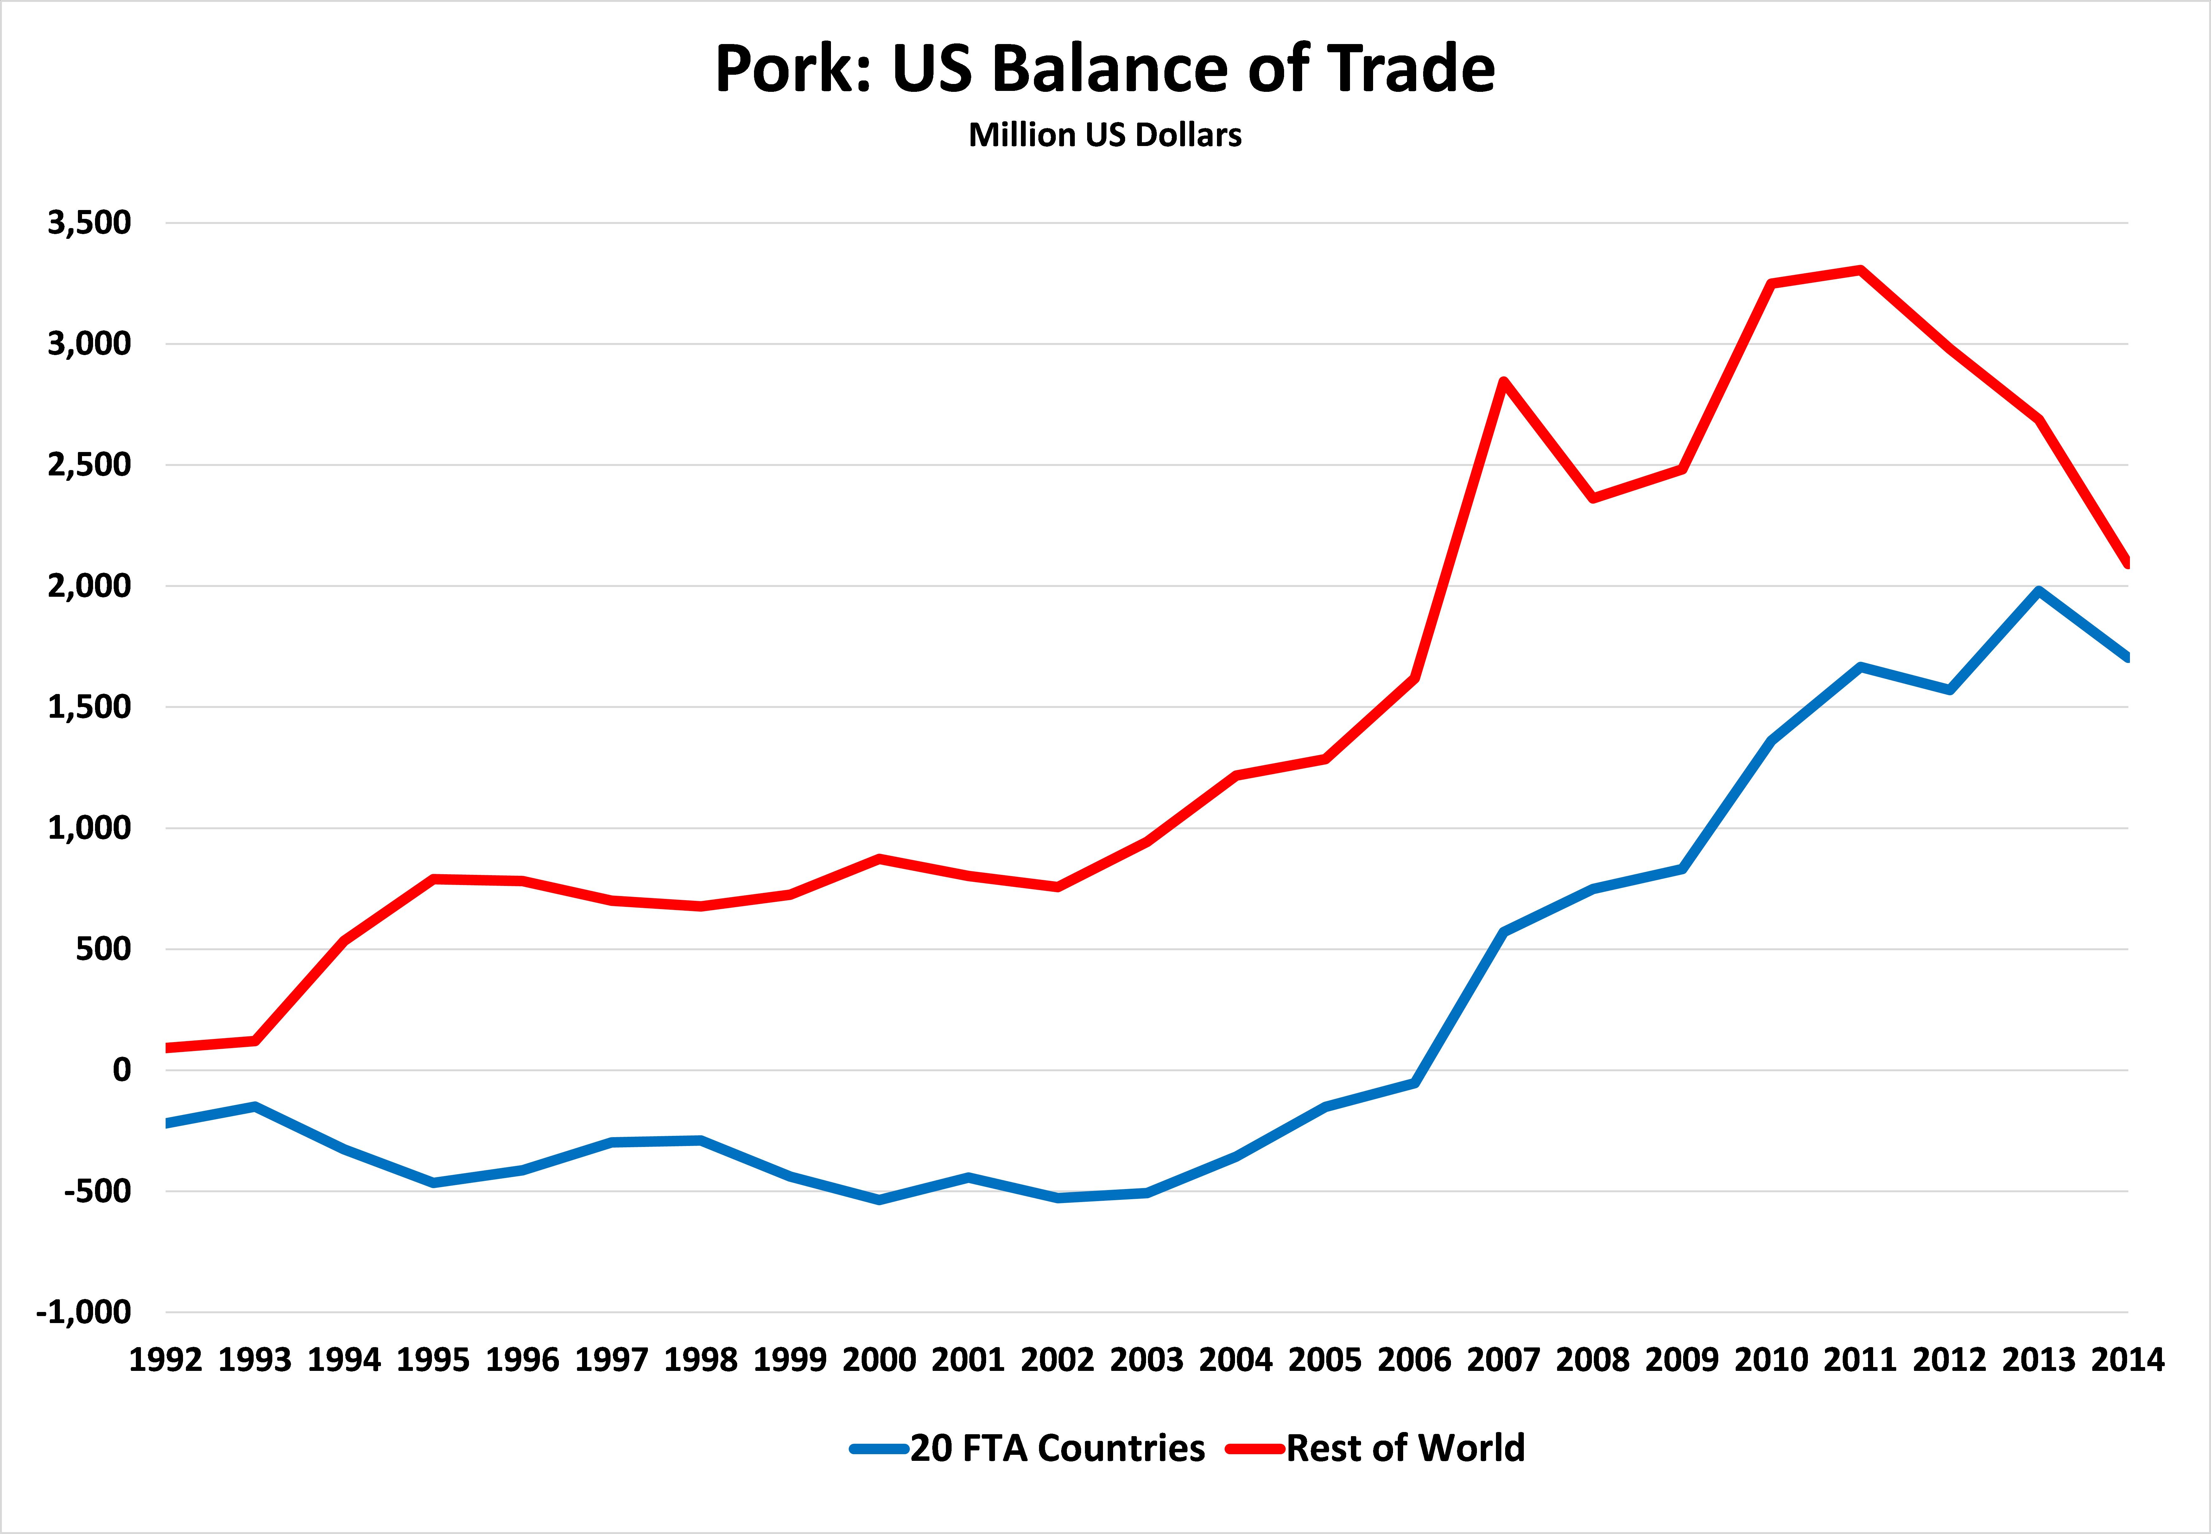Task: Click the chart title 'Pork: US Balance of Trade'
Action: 1105,69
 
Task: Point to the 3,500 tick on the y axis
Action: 89,223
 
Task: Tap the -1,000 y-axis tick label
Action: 84,1312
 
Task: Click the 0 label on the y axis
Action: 121,1070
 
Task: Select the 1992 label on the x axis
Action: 166,1360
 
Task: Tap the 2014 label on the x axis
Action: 2127,1360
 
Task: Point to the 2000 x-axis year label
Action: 879,1360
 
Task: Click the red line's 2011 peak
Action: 1860,270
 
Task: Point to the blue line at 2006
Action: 1415,1082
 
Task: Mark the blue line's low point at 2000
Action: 879,1200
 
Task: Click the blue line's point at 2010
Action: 1771,740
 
